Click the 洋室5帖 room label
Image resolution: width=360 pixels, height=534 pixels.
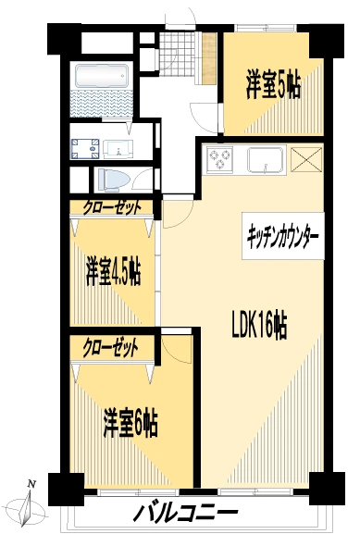point(274,84)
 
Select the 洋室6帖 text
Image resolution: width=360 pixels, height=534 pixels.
point(129,425)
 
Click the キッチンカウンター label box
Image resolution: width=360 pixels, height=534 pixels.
point(283,237)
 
